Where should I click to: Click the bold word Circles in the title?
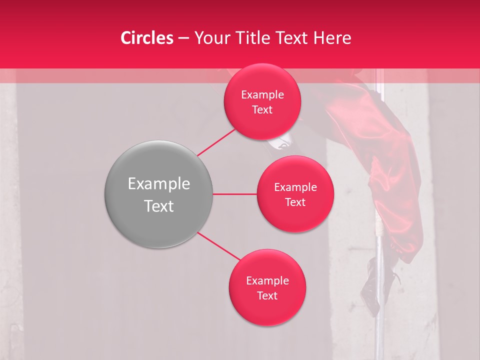pos(146,38)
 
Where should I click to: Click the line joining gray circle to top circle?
pos(216,142)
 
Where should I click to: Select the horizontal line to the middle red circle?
pos(234,194)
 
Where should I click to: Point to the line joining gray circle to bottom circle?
pos(218,246)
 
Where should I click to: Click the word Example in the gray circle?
pos(159,184)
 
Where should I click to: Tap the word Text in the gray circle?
pos(159,206)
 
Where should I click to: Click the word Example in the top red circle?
pos(262,95)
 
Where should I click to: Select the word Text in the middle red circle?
pos(295,202)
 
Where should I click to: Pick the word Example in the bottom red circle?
pos(267,281)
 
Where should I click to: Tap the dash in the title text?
pos(183,38)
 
